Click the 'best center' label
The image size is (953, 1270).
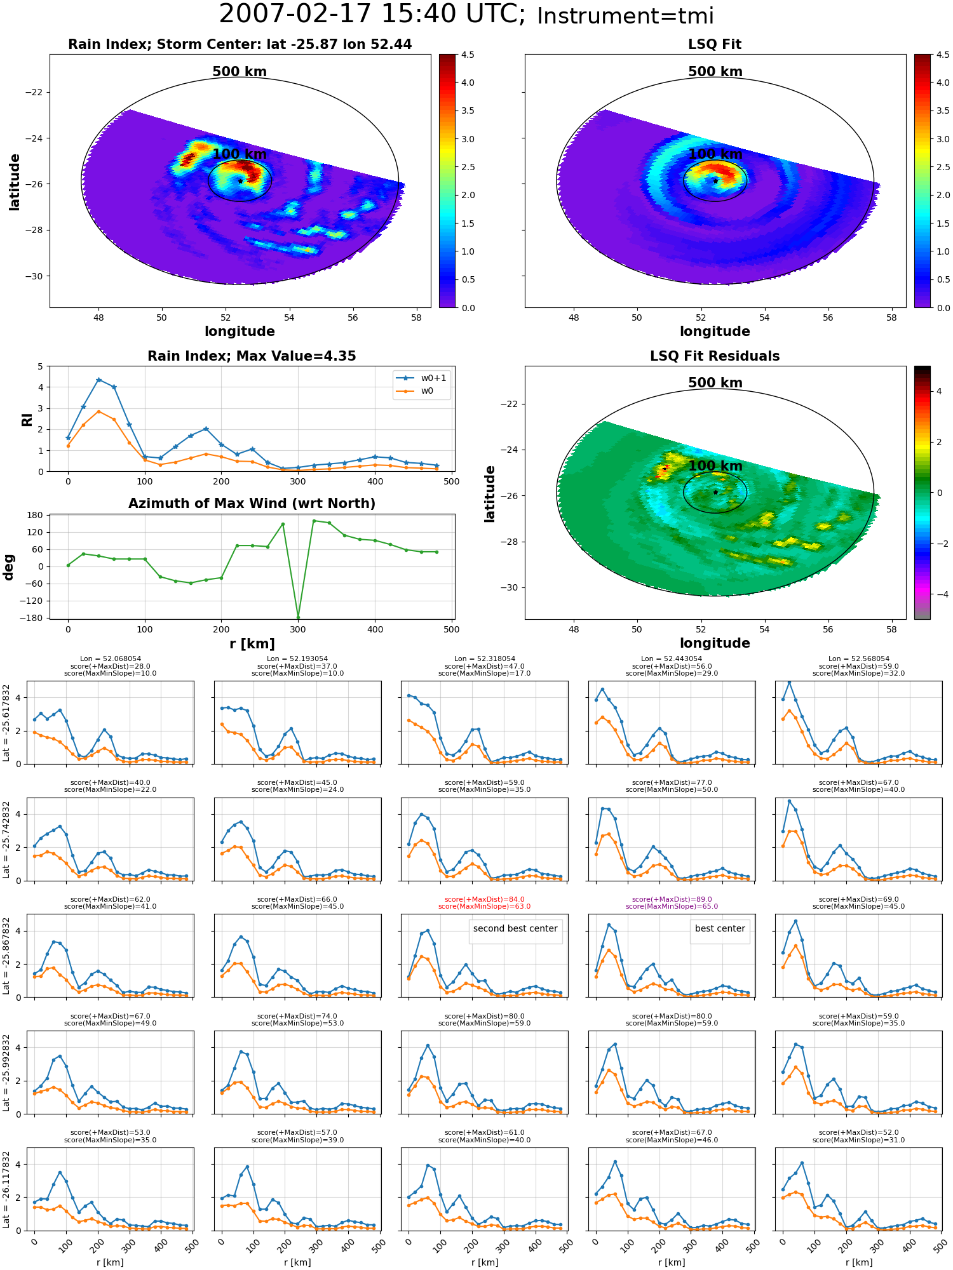pos(720,928)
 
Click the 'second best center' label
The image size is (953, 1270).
pos(515,928)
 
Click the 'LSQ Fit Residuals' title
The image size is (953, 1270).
pos(715,356)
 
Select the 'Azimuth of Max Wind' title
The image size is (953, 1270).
pos(252,504)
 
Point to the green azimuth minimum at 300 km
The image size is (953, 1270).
pos(298,617)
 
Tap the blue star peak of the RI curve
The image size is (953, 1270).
pos(98,380)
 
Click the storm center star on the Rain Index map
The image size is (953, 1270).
pos(240,181)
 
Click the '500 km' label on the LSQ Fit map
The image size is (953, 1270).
pos(715,72)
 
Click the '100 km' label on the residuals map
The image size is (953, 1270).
pos(715,466)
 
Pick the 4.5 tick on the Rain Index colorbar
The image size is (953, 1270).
pos(468,55)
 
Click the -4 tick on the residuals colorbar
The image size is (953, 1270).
pos(939,594)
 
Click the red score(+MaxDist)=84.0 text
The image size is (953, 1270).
pos(484,899)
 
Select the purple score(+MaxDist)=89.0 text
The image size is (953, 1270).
pos(672,899)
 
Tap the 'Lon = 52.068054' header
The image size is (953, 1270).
pos(111,659)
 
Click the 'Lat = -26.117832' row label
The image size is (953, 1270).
pos(6,1191)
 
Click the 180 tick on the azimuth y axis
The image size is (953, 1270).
pos(36,515)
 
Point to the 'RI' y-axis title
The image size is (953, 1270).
pos(27,419)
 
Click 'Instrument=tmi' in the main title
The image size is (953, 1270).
pos(625,16)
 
